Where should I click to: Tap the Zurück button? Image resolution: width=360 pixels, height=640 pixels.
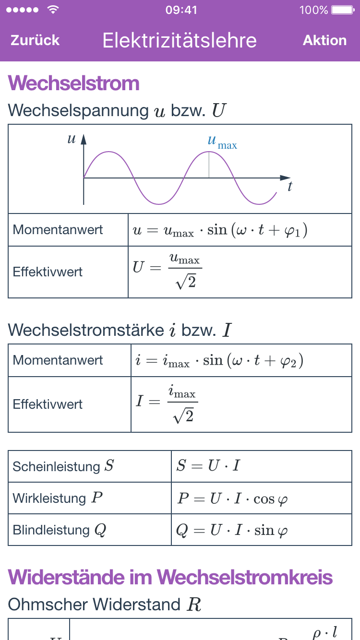pyautogui.click(x=35, y=40)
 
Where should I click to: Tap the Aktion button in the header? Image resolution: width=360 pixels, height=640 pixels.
pyautogui.click(x=324, y=40)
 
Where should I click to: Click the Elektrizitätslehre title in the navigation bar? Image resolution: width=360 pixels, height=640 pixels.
pyautogui.click(x=180, y=40)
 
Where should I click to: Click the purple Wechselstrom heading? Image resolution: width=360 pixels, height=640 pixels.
pyautogui.click(x=74, y=83)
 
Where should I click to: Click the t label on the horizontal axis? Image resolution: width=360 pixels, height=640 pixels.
pyautogui.click(x=290, y=187)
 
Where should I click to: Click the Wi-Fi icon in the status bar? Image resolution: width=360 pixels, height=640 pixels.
pyautogui.click(x=53, y=10)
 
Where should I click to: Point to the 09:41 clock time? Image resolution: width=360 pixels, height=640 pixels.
pyautogui.click(x=181, y=10)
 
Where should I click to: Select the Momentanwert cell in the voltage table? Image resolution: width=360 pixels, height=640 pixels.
pyautogui.click(x=58, y=230)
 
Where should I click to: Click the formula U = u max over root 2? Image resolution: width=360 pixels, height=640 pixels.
pyautogui.click(x=167, y=272)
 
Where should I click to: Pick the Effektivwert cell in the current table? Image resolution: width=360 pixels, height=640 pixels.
pyautogui.click(x=48, y=404)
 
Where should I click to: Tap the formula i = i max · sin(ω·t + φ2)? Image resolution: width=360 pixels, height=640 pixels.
pyautogui.click(x=218, y=360)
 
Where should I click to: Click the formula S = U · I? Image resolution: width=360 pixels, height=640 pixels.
pyautogui.click(x=208, y=466)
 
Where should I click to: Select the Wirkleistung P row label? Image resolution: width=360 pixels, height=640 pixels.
pyautogui.click(x=58, y=498)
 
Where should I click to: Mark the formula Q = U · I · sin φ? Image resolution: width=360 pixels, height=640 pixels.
pyautogui.click(x=232, y=530)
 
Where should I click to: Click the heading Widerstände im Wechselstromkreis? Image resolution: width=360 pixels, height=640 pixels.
pyautogui.click(x=170, y=577)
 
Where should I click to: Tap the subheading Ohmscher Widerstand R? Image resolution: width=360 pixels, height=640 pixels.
pyautogui.click(x=105, y=604)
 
